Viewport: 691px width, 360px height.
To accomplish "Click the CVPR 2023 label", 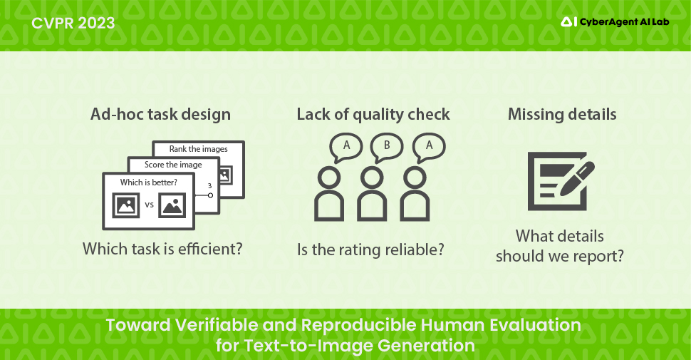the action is coord(73,23).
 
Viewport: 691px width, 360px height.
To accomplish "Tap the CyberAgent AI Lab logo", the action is coord(615,21).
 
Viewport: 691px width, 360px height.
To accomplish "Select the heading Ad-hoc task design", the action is coord(160,114).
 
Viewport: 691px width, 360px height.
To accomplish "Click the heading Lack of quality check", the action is coord(373,115).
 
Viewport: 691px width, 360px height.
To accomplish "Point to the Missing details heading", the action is coord(562,114).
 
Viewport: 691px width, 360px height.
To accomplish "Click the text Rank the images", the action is coord(198,149).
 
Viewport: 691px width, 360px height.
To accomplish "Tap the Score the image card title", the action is coord(173,165).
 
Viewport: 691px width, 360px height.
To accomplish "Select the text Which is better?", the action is coord(148,182).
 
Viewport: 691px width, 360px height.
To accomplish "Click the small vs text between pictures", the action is coord(150,205).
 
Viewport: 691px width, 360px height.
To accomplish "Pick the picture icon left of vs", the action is coord(126,205).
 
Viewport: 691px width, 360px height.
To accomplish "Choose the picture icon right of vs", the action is coord(172,205).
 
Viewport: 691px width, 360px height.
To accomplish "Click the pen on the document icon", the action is coord(577,179).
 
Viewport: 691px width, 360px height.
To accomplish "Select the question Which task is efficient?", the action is coord(162,249).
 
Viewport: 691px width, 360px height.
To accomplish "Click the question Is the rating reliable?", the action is coord(370,250).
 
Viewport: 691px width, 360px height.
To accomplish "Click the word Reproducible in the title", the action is coord(359,325).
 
